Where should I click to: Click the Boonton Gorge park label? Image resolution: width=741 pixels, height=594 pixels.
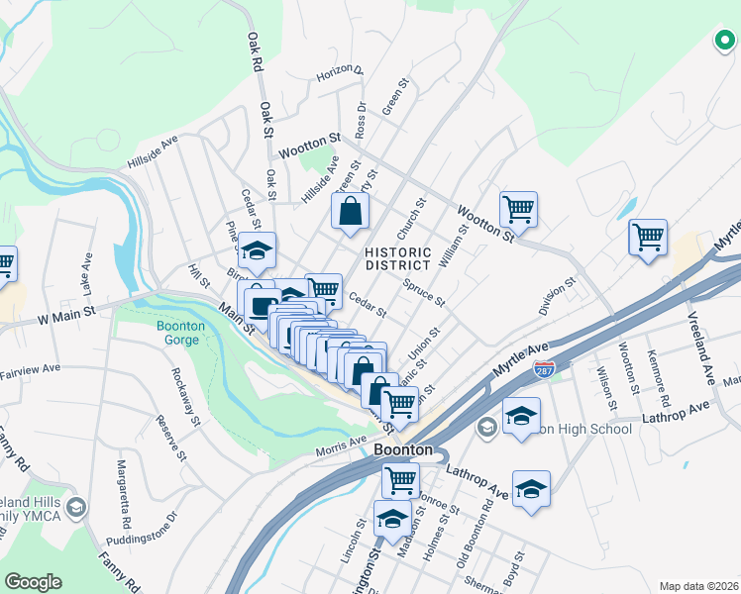point(179,334)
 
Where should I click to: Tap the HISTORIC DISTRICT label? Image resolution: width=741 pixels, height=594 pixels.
point(397,258)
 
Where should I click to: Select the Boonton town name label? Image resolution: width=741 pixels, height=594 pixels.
point(404,450)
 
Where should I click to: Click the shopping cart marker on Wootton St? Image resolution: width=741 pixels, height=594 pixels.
point(518,210)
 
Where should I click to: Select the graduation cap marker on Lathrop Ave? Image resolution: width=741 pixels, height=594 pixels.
point(531,490)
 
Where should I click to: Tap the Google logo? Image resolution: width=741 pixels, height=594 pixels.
point(34,582)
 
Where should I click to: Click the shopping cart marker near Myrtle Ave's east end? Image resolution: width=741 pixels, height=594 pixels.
point(647,238)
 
